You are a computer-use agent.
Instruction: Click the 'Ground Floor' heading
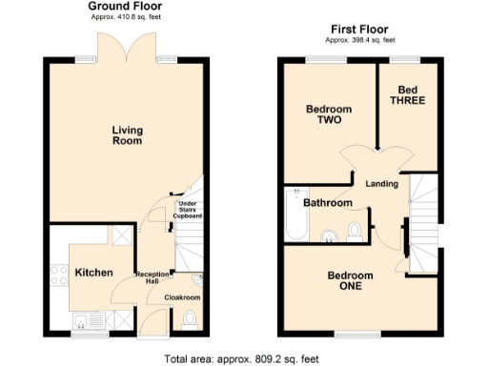[126, 7]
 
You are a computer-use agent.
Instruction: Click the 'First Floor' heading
[358, 30]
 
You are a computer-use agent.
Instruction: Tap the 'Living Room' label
[127, 135]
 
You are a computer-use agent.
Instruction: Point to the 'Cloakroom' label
[182, 297]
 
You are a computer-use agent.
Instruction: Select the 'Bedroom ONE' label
[350, 281]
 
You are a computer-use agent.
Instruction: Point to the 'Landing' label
[381, 183]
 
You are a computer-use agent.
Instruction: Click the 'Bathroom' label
[327, 203]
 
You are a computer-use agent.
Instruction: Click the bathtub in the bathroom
[293, 215]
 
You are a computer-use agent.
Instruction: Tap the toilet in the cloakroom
[188, 318]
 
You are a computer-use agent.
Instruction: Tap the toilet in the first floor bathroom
[354, 231]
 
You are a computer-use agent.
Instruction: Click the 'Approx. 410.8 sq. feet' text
[126, 18]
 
